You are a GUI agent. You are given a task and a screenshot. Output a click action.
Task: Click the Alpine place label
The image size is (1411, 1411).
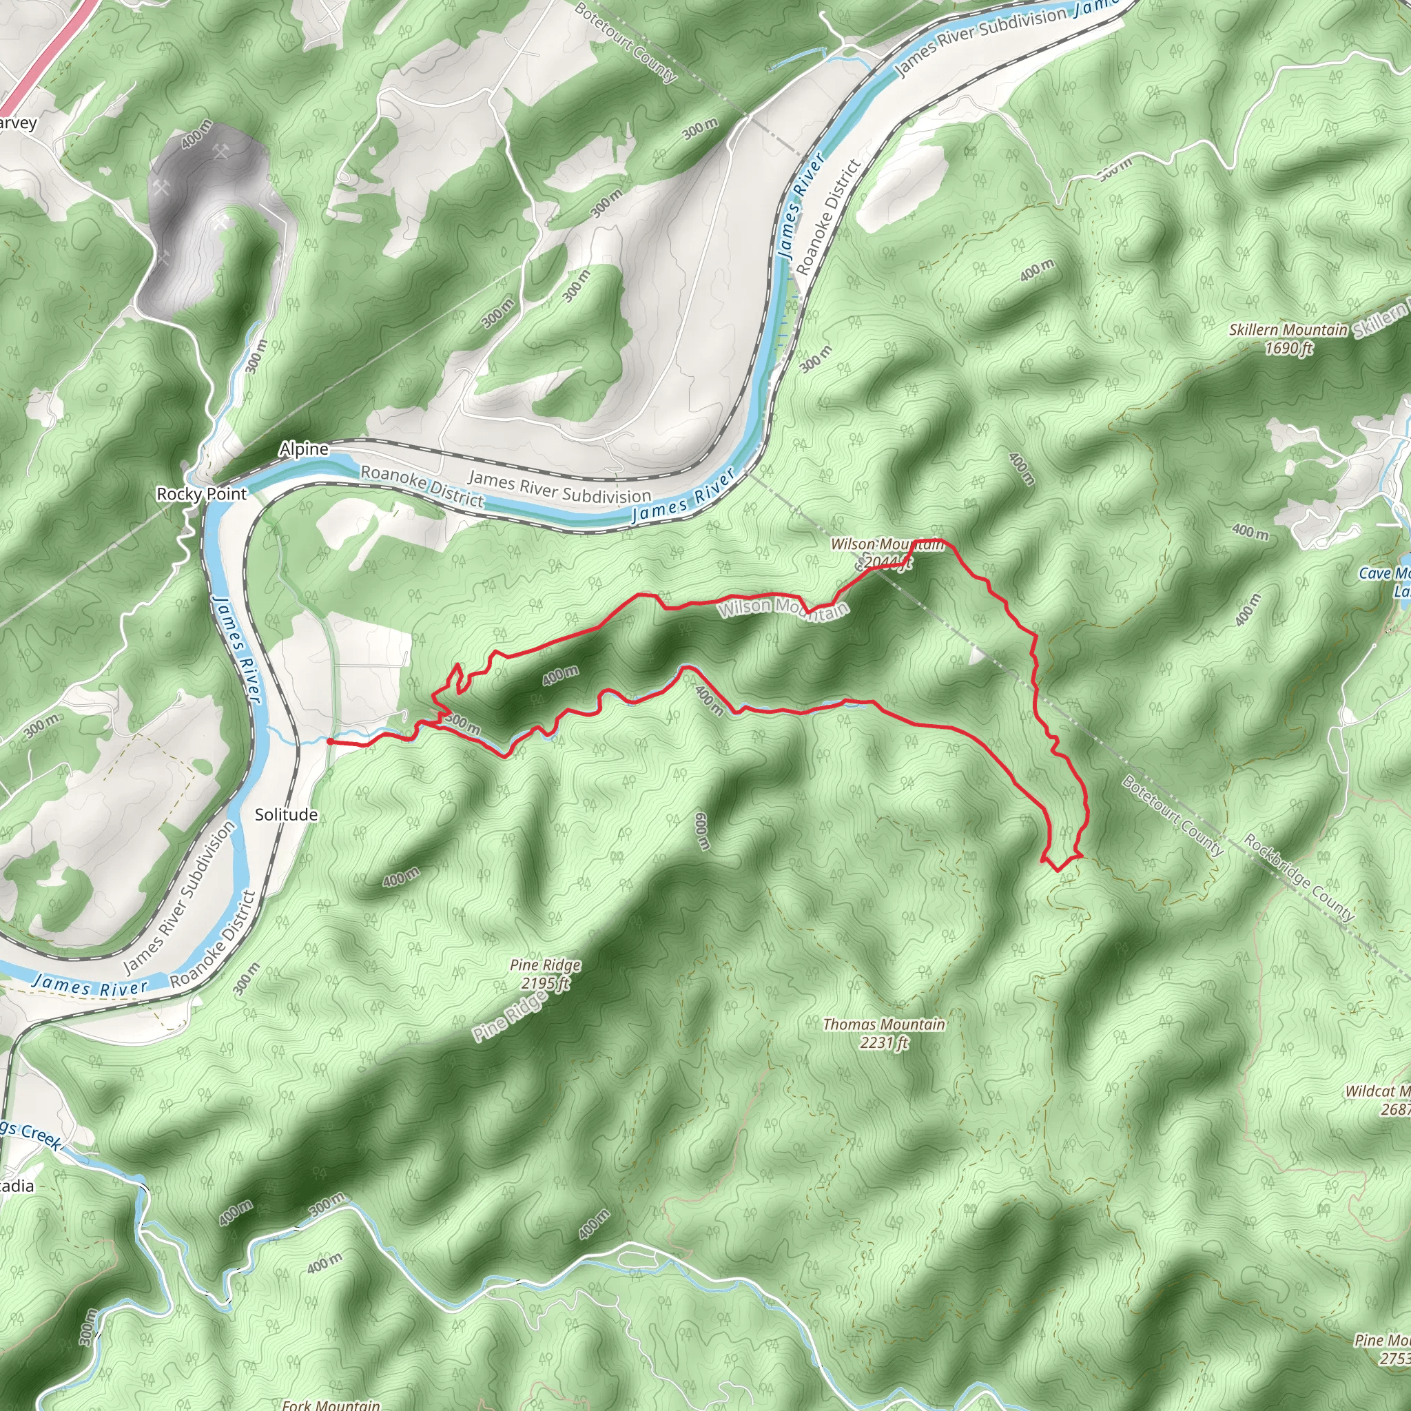point(304,449)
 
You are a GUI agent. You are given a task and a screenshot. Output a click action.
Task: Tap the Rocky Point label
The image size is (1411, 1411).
point(202,495)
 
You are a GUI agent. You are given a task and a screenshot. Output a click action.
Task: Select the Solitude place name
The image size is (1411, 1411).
point(285,815)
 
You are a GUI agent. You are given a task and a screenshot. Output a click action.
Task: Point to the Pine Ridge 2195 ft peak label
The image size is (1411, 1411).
point(546,974)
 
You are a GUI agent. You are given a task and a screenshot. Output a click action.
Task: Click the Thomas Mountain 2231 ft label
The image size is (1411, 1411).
point(884,1033)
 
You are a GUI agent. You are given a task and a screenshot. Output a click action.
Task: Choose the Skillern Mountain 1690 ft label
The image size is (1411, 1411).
point(1288,339)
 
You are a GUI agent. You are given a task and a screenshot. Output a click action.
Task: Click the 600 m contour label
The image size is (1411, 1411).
point(702,831)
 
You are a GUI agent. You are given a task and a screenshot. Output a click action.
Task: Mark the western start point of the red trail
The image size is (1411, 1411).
point(329,741)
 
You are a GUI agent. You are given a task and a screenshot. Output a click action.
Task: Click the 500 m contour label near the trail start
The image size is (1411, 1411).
point(462,724)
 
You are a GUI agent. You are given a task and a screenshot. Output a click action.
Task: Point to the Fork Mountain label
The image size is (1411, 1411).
point(331,1404)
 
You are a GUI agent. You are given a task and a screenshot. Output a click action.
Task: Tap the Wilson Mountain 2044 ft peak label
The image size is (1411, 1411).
point(887,553)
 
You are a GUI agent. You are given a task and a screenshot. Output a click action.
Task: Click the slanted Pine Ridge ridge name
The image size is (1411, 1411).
point(510,1018)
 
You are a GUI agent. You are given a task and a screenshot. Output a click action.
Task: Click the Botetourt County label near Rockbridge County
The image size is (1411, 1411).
point(1171,815)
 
